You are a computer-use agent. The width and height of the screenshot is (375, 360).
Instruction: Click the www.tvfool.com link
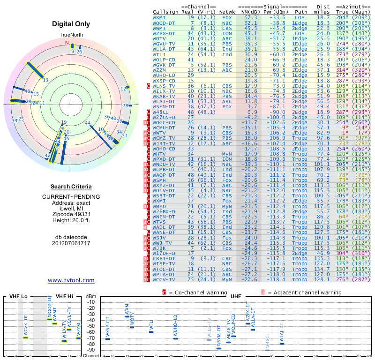(x=71, y=280)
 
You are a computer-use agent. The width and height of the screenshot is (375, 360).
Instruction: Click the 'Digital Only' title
(x=71, y=24)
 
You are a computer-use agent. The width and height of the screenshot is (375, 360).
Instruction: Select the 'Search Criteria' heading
(x=71, y=187)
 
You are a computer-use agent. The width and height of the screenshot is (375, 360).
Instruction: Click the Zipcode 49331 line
(x=71, y=214)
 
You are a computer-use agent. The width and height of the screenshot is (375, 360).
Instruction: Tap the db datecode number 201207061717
(x=71, y=243)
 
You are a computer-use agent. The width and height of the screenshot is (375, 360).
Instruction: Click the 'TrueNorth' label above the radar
(x=71, y=35)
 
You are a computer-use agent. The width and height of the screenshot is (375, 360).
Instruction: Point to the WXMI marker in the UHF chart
(x=127, y=317)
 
